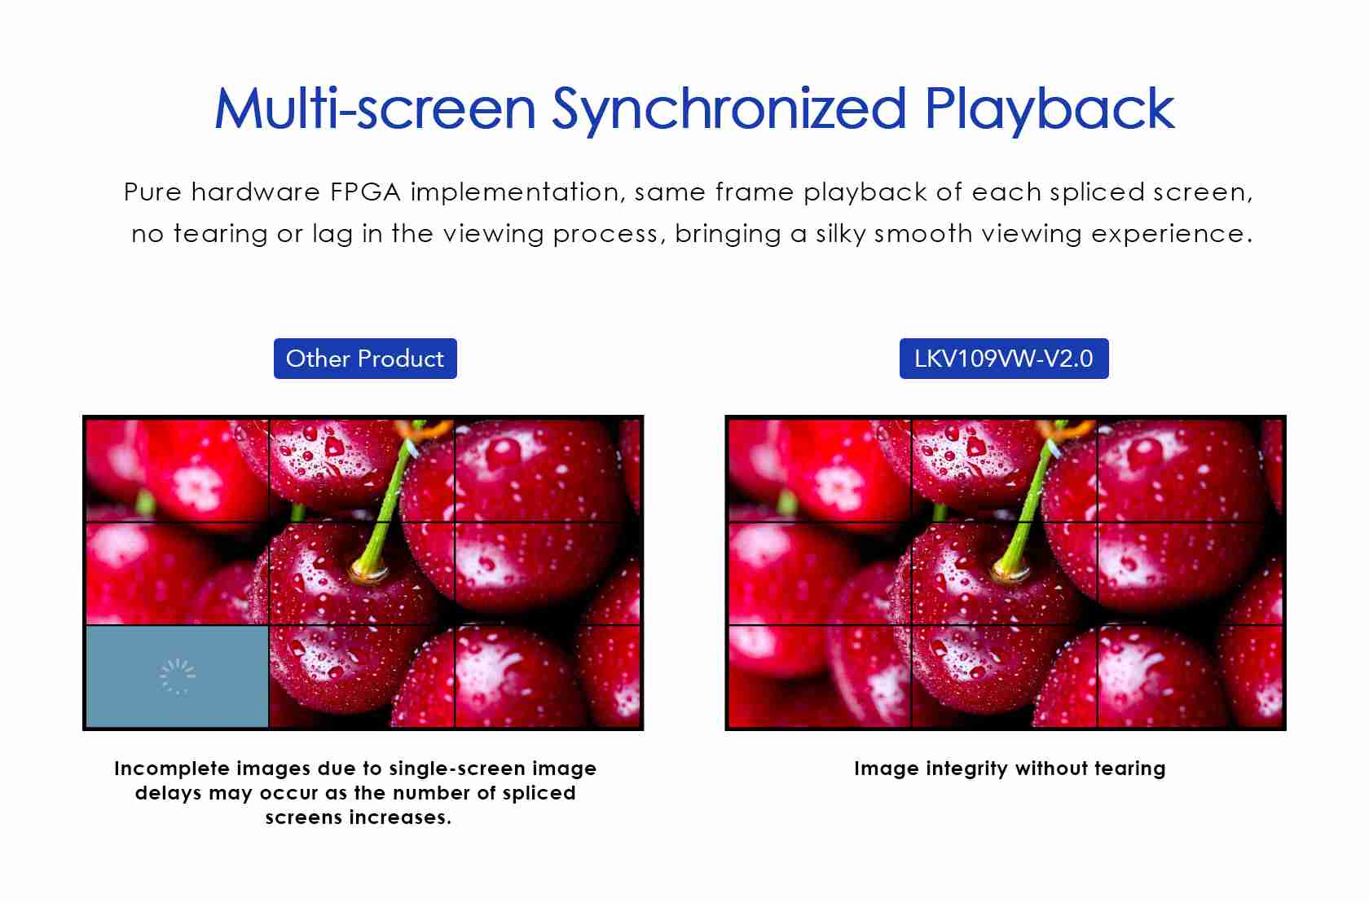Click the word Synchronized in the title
tap(729, 110)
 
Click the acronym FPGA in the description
tap(365, 192)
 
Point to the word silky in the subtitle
tap(840, 234)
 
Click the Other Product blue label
tap(365, 359)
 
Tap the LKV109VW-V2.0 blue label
tap(1004, 359)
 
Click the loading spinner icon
tap(178, 676)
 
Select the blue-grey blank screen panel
tap(178, 676)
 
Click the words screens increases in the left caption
tap(359, 817)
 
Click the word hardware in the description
tap(256, 192)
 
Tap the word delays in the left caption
tap(168, 793)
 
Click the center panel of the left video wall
tap(362, 574)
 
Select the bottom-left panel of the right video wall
tap(820, 676)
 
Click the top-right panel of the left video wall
tap(547, 470)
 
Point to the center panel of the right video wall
tap(1004, 574)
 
